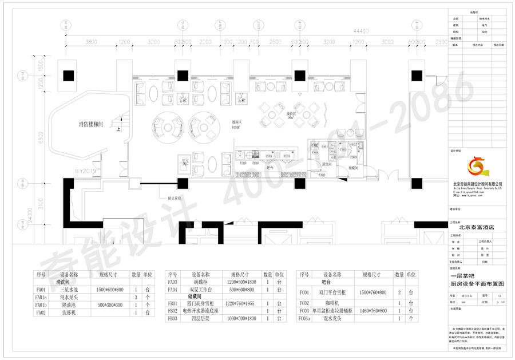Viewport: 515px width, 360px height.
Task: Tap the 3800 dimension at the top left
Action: [91, 42]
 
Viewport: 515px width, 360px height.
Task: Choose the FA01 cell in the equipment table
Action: [41, 290]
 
